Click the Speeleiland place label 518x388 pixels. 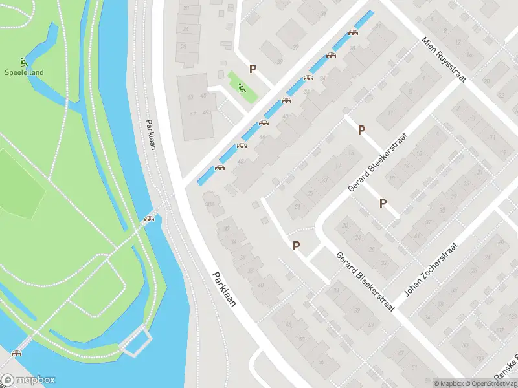coord(25,72)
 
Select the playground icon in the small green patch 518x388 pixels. coord(242,89)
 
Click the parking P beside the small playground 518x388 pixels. coord(253,69)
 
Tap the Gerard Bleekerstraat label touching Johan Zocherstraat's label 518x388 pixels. coord(365,281)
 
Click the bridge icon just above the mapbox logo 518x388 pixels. coord(16,353)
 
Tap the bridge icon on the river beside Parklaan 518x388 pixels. coord(150,219)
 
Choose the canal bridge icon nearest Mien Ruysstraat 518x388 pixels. coord(353,32)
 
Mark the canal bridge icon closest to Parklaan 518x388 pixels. coord(220,168)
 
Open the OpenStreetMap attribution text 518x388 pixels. coord(491,383)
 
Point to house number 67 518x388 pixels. coord(192,114)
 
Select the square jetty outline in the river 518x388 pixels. coord(136,341)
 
